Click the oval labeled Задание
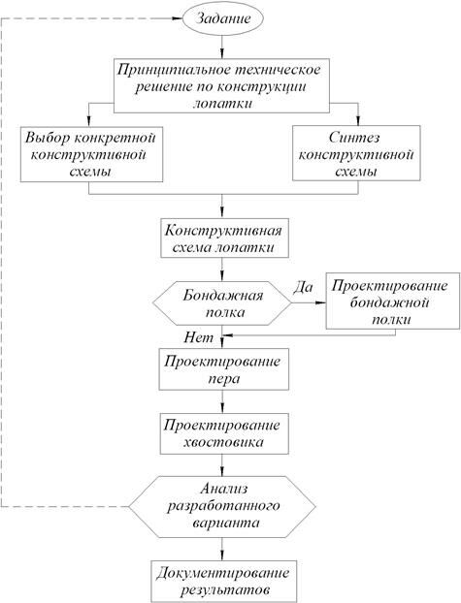224,18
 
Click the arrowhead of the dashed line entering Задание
175,18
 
